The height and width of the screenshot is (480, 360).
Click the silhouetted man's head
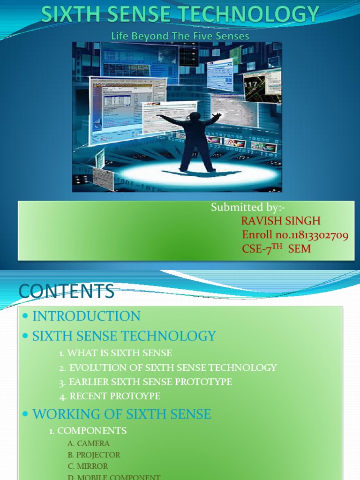click(195, 117)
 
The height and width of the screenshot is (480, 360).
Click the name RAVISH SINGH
click(281, 221)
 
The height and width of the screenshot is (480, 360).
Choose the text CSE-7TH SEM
click(276, 248)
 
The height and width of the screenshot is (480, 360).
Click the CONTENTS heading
click(67, 292)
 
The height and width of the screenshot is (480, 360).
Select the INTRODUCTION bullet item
click(86, 316)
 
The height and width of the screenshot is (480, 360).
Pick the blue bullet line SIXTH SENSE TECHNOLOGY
click(124, 336)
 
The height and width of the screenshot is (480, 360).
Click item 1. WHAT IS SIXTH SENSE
click(116, 353)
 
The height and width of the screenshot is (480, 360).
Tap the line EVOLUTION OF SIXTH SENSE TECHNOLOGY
click(168, 367)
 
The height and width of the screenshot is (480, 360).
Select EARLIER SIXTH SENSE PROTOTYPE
click(146, 382)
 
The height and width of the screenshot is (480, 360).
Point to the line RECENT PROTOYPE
click(110, 396)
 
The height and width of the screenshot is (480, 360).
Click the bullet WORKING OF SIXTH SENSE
click(121, 414)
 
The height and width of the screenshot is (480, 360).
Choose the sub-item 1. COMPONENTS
click(88, 430)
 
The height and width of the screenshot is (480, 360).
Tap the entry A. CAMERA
click(89, 443)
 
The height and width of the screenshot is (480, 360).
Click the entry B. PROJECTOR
click(94, 455)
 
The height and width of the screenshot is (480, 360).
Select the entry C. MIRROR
click(88, 466)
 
